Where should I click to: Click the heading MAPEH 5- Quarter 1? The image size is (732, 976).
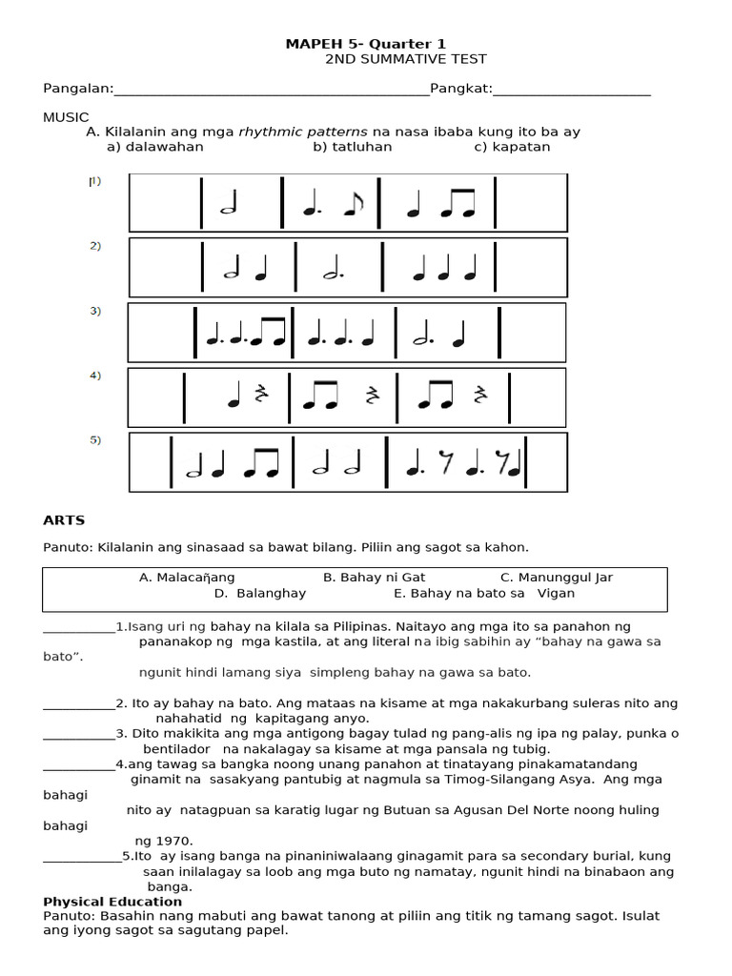click(x=366, y=44)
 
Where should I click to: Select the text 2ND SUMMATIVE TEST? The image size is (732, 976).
click(x=406, y=59)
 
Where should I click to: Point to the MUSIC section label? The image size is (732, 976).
click(x=66, y=116)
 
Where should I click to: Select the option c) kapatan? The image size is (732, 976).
click(x=512, y=147)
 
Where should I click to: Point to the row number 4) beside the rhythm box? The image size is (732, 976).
click(x=95, y=376)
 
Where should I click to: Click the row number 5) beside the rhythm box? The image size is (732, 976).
click(x=95, y=440)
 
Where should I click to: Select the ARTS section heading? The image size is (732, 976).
click(x=64, y=520)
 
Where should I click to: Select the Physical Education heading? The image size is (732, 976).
click(x=112, y=902)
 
